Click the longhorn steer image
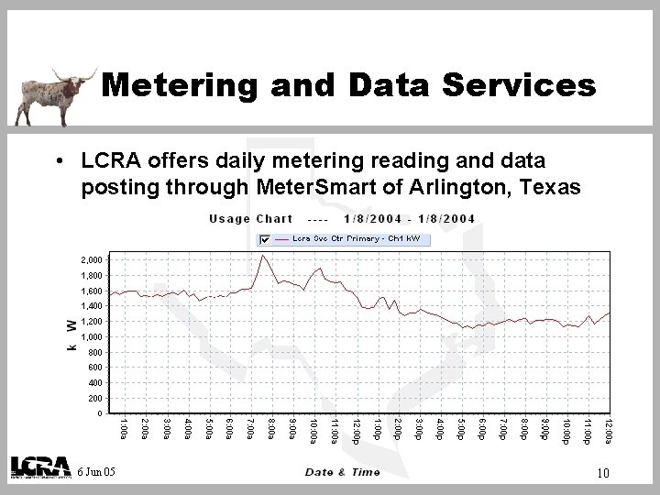50,95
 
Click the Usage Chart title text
250,218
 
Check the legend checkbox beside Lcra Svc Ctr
266,238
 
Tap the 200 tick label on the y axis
94,399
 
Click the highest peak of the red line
263,256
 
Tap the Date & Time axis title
344,472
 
